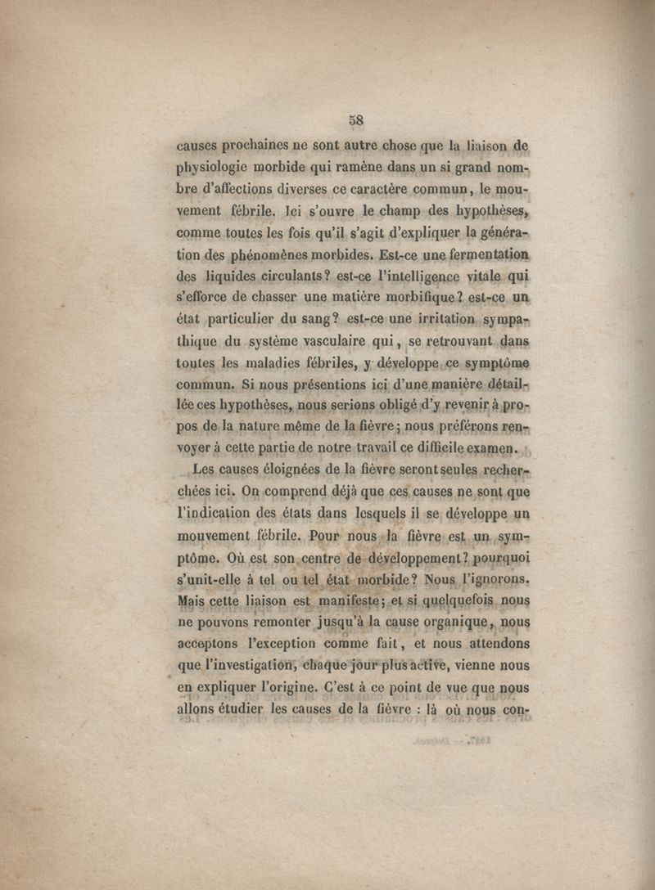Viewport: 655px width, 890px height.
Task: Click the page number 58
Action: click(x=355, y=119)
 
